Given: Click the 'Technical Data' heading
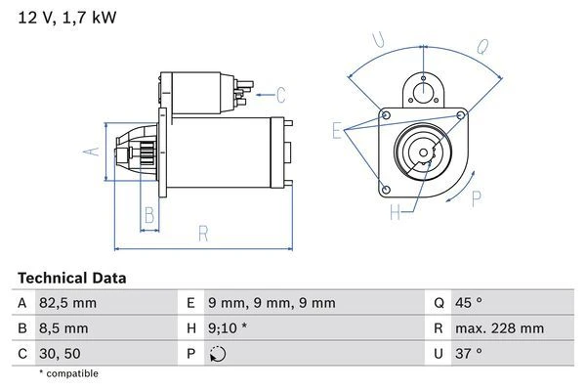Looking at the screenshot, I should coord(71,278).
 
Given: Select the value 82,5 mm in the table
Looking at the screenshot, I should coord(68,303).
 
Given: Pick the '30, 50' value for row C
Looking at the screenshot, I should coord(60,353).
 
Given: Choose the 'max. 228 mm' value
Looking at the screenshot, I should coord(502,328).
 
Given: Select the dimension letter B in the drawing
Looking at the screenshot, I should coord(149,214).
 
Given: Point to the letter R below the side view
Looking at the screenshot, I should coord(202,233).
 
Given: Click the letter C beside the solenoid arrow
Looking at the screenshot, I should coord(280,95).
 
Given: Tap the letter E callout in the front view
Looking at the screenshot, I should coord(337,130).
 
